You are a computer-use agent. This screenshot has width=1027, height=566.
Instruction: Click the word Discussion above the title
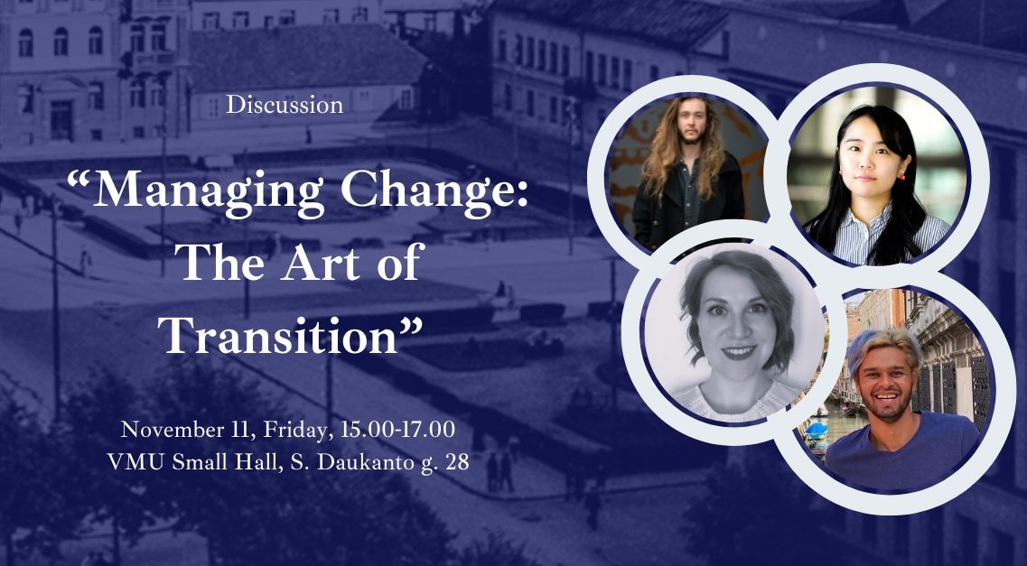tap(285, 105)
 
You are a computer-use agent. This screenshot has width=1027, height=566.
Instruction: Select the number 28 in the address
tap(456, 462)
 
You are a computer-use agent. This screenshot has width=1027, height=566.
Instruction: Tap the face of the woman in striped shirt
tap(865, 161)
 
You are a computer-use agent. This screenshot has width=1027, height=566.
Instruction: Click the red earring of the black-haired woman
tap(901, 175)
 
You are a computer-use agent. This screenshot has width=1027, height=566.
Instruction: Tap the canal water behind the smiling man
tap(827, 422)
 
